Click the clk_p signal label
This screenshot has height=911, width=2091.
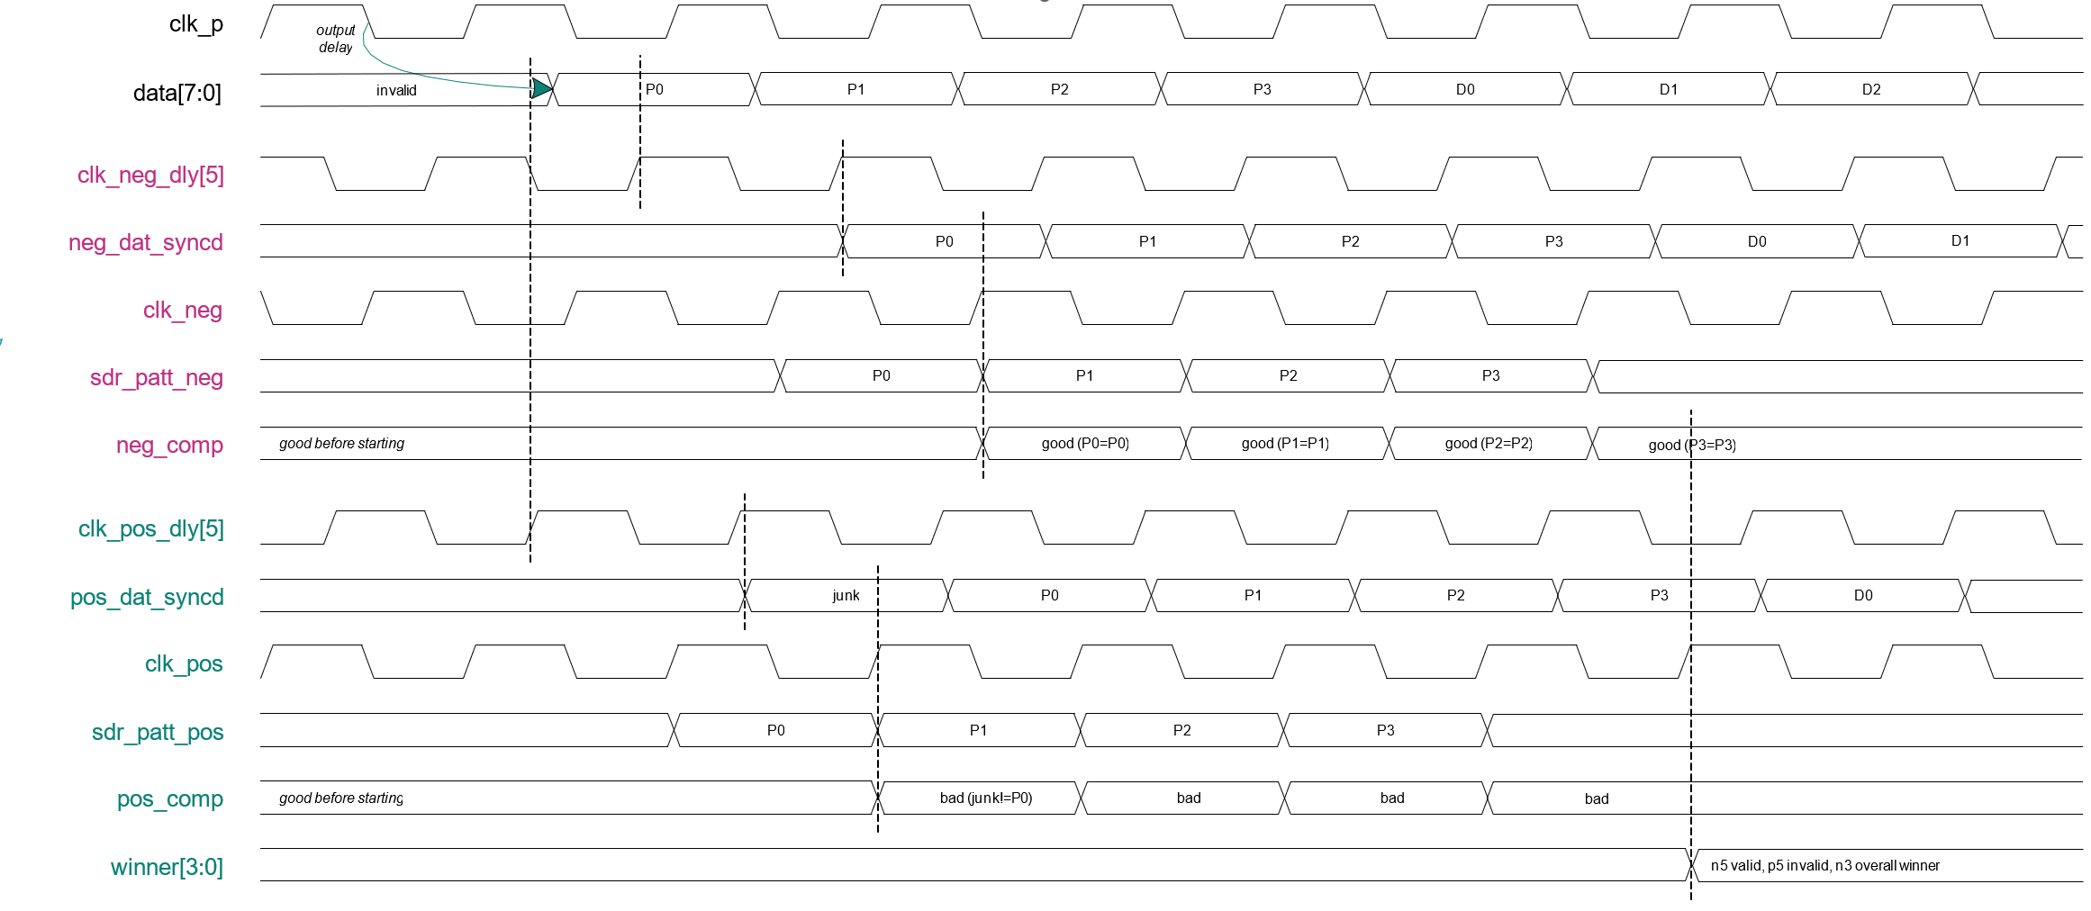(195, 24)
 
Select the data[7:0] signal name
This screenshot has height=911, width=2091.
(177, 93)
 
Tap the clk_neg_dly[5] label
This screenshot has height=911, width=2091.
(150, 175)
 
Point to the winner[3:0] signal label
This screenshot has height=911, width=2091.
(167, 867)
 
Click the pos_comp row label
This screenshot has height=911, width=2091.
(169, 798)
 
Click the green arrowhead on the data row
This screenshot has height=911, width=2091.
(541, 88)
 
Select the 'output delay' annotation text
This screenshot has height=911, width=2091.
(336, 39)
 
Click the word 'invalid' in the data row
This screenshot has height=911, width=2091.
(396, 90)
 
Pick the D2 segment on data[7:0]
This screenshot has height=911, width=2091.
(1871, 89)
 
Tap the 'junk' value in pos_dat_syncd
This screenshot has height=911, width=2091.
(846, 595)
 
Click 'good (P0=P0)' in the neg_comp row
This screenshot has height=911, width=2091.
(1085, 443)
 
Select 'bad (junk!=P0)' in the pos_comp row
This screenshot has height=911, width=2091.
(986, 798)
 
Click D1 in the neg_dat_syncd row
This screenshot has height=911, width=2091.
(1960, 240)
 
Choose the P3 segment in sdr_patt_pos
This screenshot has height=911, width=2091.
(1385, 730)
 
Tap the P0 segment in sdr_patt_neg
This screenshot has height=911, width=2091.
(881, 375)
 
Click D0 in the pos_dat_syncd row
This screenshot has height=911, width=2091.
(1863, 595)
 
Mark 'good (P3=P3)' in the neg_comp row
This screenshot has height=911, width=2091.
(1692, 445)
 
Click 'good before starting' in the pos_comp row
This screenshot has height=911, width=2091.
(341, 798)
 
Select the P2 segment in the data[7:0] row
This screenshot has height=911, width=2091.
(1059, 89)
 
